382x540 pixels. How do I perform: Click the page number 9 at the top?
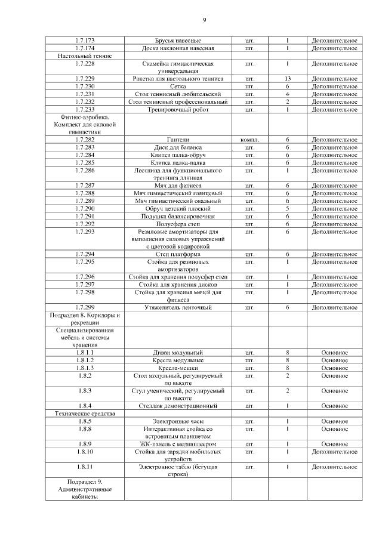coord(204,21)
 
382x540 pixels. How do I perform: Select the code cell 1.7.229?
coord(85,78)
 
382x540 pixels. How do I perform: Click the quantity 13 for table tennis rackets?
coord(287,78)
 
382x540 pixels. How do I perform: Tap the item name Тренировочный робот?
coord(178,109)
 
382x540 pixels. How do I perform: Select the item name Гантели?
coord(178,140)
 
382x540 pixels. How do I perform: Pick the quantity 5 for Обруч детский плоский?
coord(287,209)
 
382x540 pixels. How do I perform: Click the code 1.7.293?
coord(85,232)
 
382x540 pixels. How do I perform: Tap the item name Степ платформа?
coord(178,254)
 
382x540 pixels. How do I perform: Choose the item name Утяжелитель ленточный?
coord(178,307)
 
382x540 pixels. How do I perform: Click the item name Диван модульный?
coord(178,353)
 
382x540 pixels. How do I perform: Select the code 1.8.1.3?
coord(85,368)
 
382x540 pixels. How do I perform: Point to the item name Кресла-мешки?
coord(178,368)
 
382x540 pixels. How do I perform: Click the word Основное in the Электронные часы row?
coord(334,421)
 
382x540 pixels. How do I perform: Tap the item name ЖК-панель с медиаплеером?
coord(178,444)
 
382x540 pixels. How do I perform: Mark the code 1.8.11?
coord(85,467)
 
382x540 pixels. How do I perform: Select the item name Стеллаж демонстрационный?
coord(178,406)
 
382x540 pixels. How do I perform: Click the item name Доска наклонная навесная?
coord(178,48)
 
